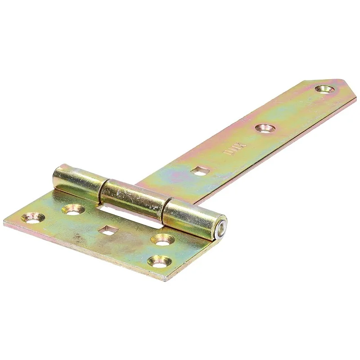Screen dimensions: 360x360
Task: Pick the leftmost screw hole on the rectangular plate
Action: (x=32, y=218)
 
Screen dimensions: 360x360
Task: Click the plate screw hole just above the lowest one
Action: (x=163, y=239)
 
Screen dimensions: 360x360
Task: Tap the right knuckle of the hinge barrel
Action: (x=191, y=217)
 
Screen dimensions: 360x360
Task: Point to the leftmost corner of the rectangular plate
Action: (x=4, y=222)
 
